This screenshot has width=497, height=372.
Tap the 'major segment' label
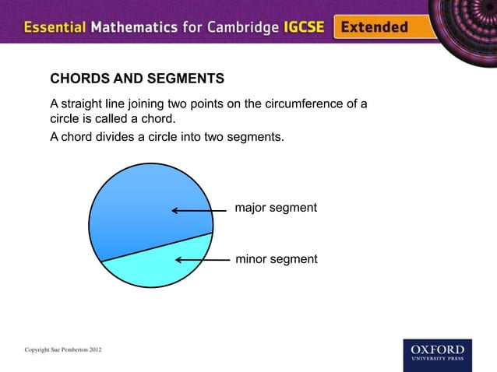coord(276,209)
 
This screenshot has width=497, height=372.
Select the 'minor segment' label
coord(277,258)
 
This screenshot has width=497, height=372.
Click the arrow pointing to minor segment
coord(204,260)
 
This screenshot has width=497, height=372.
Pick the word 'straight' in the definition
coord(83,104)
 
